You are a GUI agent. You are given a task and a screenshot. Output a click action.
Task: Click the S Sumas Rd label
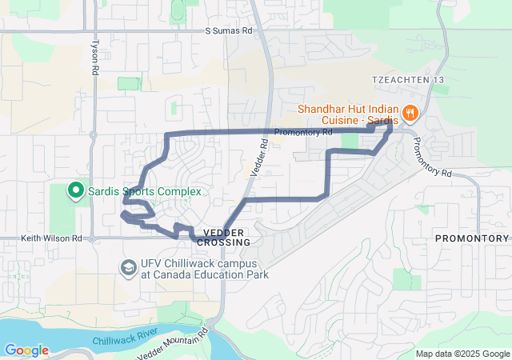point(228,31)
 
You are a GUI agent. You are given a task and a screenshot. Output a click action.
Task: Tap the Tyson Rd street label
point(94,58)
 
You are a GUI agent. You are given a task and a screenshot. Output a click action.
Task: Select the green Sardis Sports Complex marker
point(75,191)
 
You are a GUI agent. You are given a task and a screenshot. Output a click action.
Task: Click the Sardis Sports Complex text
point(144,191)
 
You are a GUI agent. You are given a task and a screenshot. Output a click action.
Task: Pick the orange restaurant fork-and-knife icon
point(410,113)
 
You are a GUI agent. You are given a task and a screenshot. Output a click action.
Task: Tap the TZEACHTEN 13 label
point(405,80)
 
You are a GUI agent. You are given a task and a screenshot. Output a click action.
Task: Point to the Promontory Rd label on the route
point(302,133)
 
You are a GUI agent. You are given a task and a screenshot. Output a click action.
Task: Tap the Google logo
point(26,350)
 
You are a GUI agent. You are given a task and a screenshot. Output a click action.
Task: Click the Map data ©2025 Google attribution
point(462,354)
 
